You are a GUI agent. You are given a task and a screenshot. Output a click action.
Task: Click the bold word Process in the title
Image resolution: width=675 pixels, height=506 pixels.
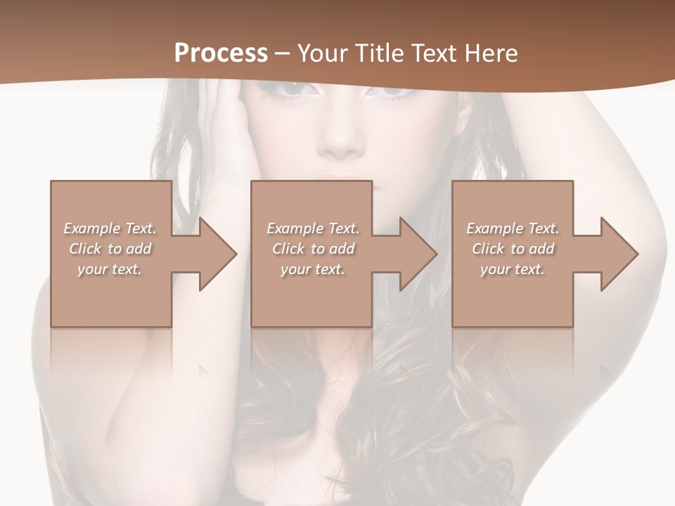tap(221, 53)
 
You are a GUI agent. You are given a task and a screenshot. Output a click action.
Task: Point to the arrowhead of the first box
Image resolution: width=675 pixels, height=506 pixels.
tap(217, 254)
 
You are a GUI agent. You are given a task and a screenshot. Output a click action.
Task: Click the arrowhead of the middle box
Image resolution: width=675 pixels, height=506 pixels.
tap(418, 254)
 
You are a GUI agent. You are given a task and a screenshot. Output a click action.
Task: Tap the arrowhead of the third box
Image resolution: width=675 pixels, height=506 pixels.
tap(619, 254)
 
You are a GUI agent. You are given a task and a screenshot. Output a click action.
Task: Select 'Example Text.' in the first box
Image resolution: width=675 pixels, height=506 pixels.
tap(110, 228)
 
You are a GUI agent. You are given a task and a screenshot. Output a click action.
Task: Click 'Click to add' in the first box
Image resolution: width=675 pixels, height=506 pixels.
tap(110, 249)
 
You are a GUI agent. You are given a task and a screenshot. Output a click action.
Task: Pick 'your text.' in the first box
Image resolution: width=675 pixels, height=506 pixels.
tap(110, 269)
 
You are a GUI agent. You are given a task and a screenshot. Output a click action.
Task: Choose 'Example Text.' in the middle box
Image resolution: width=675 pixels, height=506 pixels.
tap(312, 228)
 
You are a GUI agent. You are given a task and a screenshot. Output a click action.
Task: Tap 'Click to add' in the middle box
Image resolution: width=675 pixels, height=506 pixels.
tap(312, 249)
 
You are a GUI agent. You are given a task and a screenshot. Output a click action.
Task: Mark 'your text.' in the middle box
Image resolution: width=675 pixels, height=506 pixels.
tap(312, 269)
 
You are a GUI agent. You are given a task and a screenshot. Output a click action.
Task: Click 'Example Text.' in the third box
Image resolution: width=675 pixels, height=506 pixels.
tap(513, 228)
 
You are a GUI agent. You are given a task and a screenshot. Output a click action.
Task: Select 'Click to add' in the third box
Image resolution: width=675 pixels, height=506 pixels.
tap(513, 249)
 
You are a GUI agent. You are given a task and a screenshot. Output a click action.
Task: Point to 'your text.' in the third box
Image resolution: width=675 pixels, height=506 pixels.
tap(513, 269)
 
